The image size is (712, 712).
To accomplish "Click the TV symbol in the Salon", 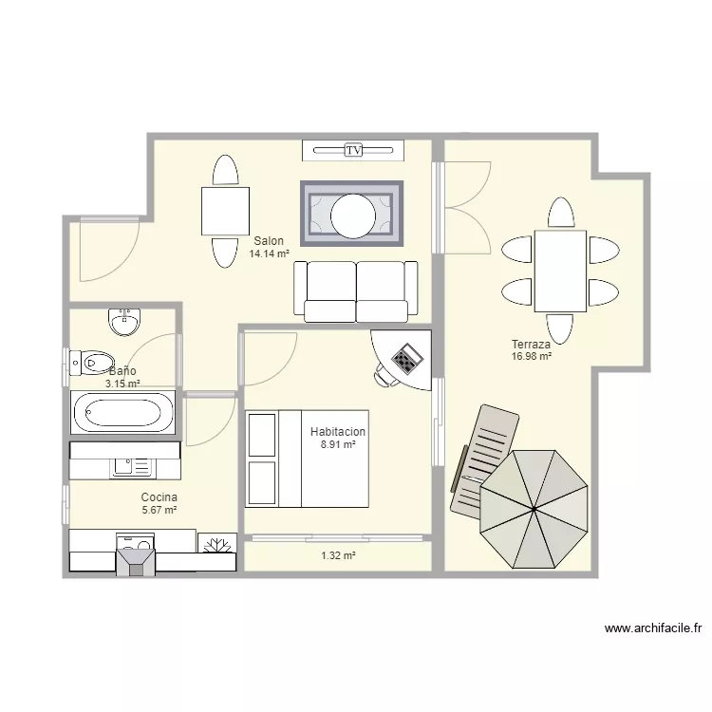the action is coord(353,150).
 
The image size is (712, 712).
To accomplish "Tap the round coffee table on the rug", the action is coord(353,215).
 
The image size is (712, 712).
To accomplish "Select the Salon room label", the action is coord(269,241).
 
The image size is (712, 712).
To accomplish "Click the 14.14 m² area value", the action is coord(269,253).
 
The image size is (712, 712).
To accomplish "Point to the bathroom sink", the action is coord(124,322).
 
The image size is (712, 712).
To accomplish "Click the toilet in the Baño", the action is coord(92,363).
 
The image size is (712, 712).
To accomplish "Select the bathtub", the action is coord(122,412).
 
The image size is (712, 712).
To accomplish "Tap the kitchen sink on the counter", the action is coord(132,467).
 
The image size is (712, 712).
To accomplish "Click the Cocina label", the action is coord(159,497).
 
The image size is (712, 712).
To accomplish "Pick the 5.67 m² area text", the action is coord(159,510).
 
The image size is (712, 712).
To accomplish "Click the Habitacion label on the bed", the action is coord(338,431).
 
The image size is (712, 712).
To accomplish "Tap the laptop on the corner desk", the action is coord(407,359).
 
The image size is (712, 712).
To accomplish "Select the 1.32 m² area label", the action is coord(338,555).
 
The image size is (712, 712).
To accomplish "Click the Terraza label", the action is coord(531,345).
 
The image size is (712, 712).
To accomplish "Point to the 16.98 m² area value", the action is coord(532,356).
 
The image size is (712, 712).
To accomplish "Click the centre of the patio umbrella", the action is coord(534,509).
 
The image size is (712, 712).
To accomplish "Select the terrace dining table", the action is coord(560,272).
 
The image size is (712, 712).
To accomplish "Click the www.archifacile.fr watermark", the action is coord(653,628).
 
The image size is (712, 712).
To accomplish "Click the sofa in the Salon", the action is coord(356,291).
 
